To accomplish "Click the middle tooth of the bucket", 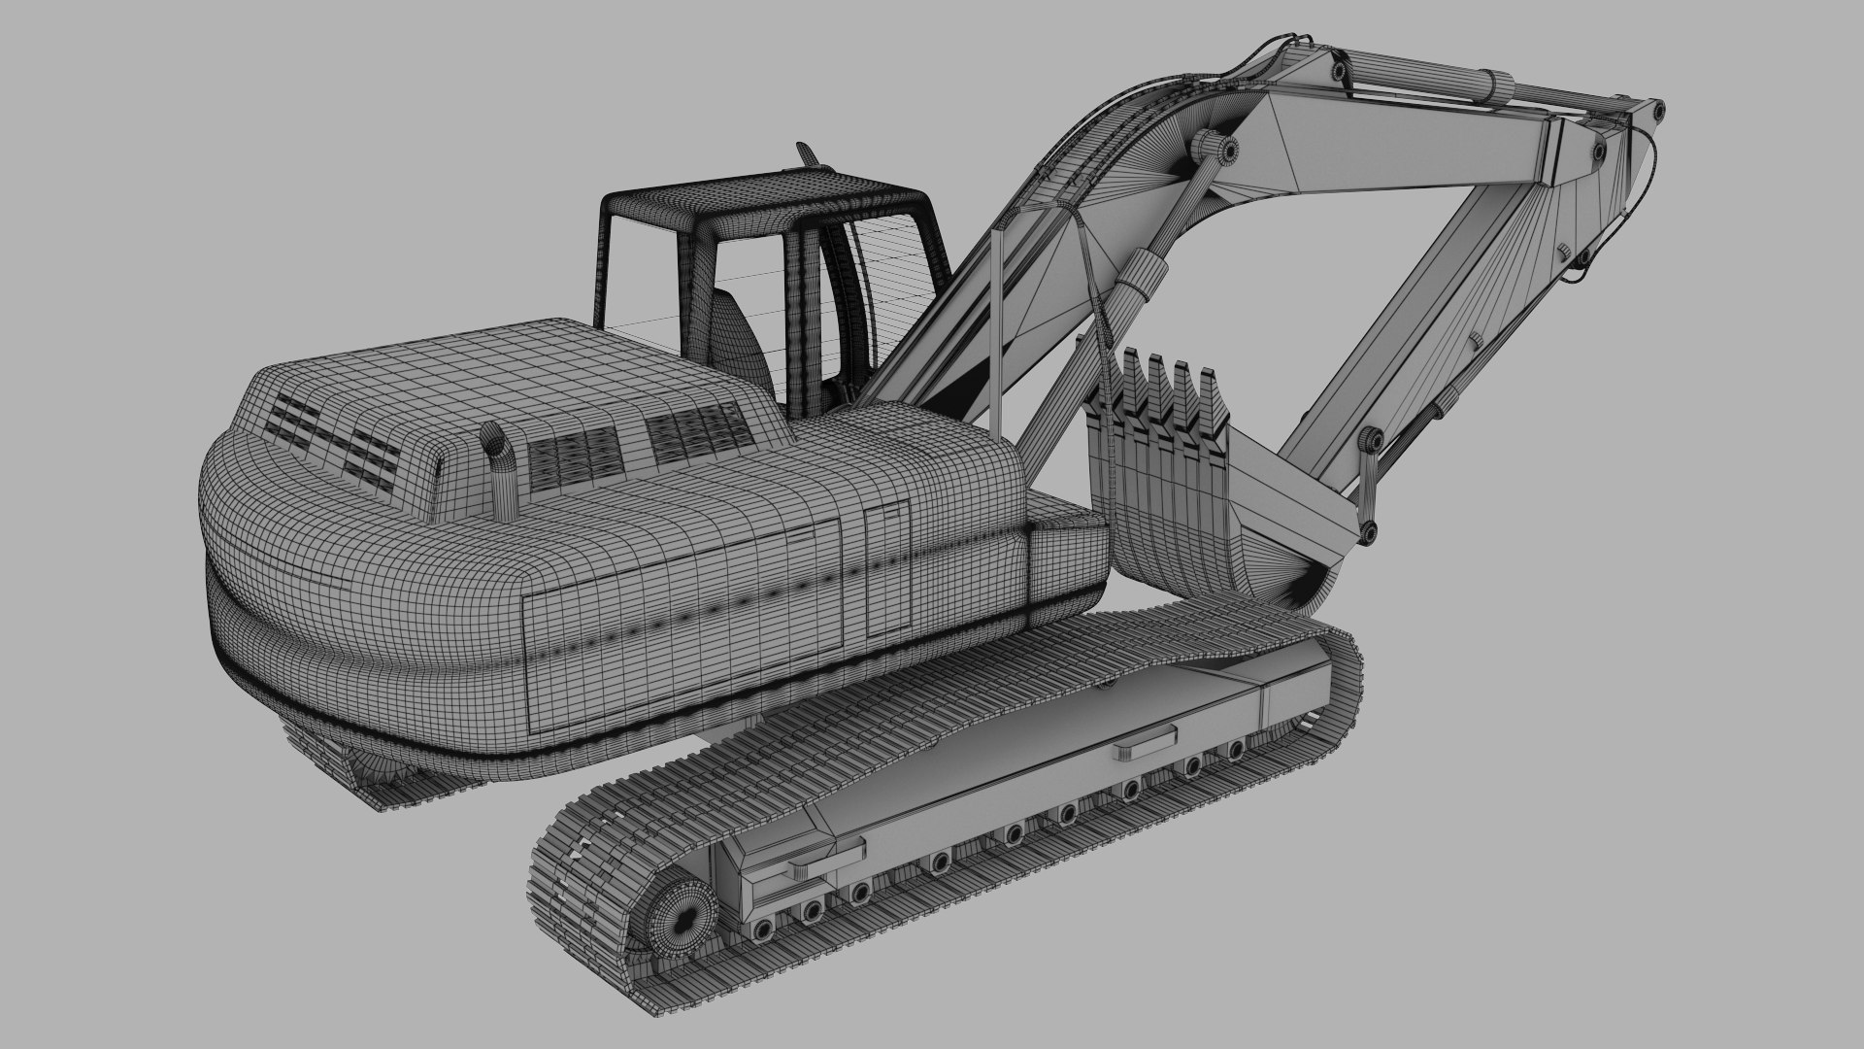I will click(1158, 389).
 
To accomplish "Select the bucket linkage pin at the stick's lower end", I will click(1369, 530).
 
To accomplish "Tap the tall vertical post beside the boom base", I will click(997, 330).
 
